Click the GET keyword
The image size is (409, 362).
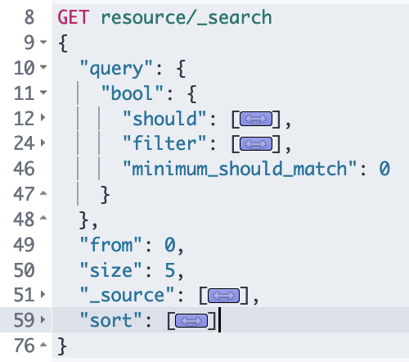click(74, 17)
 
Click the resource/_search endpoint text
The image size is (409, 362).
click(187, 18)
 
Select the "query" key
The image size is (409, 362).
click(116, 69)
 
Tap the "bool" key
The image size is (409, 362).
click(133, 93)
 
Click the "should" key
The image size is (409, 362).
click(164, 119)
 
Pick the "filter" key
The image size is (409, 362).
click(164, 143)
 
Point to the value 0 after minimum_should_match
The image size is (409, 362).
click(384, 169)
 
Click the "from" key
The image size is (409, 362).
click(110, 244)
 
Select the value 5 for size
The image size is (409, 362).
click(170, 270)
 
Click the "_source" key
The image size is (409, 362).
click(127, 296)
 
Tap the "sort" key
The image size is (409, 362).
click(110, 320)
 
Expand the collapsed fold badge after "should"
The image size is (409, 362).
click(256, 119)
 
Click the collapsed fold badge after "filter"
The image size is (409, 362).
click(256, 144)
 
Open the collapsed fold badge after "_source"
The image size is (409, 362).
click(223, 296)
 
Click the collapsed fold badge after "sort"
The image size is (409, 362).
click(191, 321)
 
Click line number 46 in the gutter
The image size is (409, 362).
click(24, 169)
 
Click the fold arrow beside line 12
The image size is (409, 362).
click(43, 117)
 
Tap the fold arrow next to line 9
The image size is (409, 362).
click(43, 42)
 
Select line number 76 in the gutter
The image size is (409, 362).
click(24, 346)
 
